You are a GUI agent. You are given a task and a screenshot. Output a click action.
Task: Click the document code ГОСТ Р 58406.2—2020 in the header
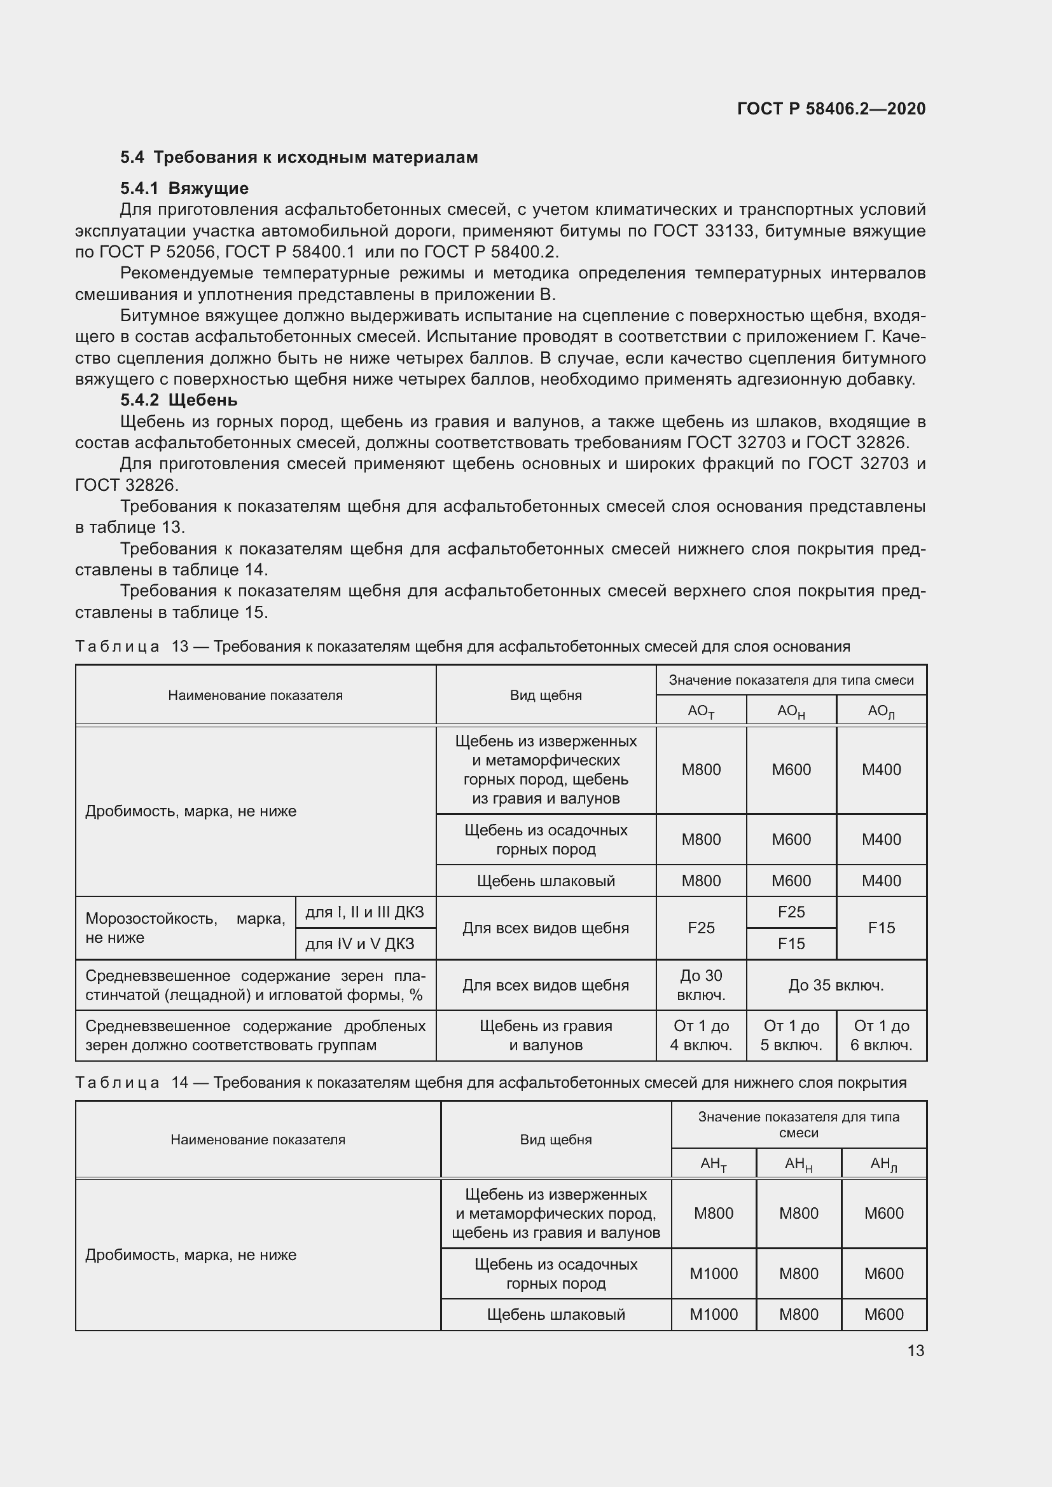click(831, 109)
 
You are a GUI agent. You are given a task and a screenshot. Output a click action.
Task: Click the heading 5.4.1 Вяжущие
click(184, 188)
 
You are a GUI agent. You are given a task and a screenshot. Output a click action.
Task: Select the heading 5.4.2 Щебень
click(179, 400)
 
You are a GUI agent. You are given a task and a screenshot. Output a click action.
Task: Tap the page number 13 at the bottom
click(915, 1350)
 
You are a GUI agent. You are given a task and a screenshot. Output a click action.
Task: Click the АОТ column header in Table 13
click(701, 711)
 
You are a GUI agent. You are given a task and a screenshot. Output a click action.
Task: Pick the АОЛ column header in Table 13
click(881, 711)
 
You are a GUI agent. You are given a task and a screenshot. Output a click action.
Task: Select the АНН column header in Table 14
click(798, 1164)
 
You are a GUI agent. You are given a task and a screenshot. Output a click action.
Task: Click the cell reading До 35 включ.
click(836, 985)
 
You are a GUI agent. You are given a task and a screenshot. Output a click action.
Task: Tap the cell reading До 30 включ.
click(701, 984)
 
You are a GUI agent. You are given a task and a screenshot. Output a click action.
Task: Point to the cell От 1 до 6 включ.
click(881, 1035)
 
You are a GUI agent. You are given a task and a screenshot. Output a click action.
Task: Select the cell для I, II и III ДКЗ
click(364, 912)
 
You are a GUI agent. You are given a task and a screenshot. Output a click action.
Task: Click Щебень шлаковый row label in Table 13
click(546, 881)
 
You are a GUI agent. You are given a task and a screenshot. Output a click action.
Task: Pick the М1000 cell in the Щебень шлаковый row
click(713, 1314)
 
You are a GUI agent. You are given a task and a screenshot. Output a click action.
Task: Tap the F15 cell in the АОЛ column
click(881, 928)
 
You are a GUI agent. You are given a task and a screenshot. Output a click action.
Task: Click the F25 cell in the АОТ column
click(701, 928)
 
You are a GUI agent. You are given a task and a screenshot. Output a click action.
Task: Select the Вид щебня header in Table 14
click(555, 1139)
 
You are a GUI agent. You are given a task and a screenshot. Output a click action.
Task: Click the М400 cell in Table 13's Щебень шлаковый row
click(881, 881)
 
